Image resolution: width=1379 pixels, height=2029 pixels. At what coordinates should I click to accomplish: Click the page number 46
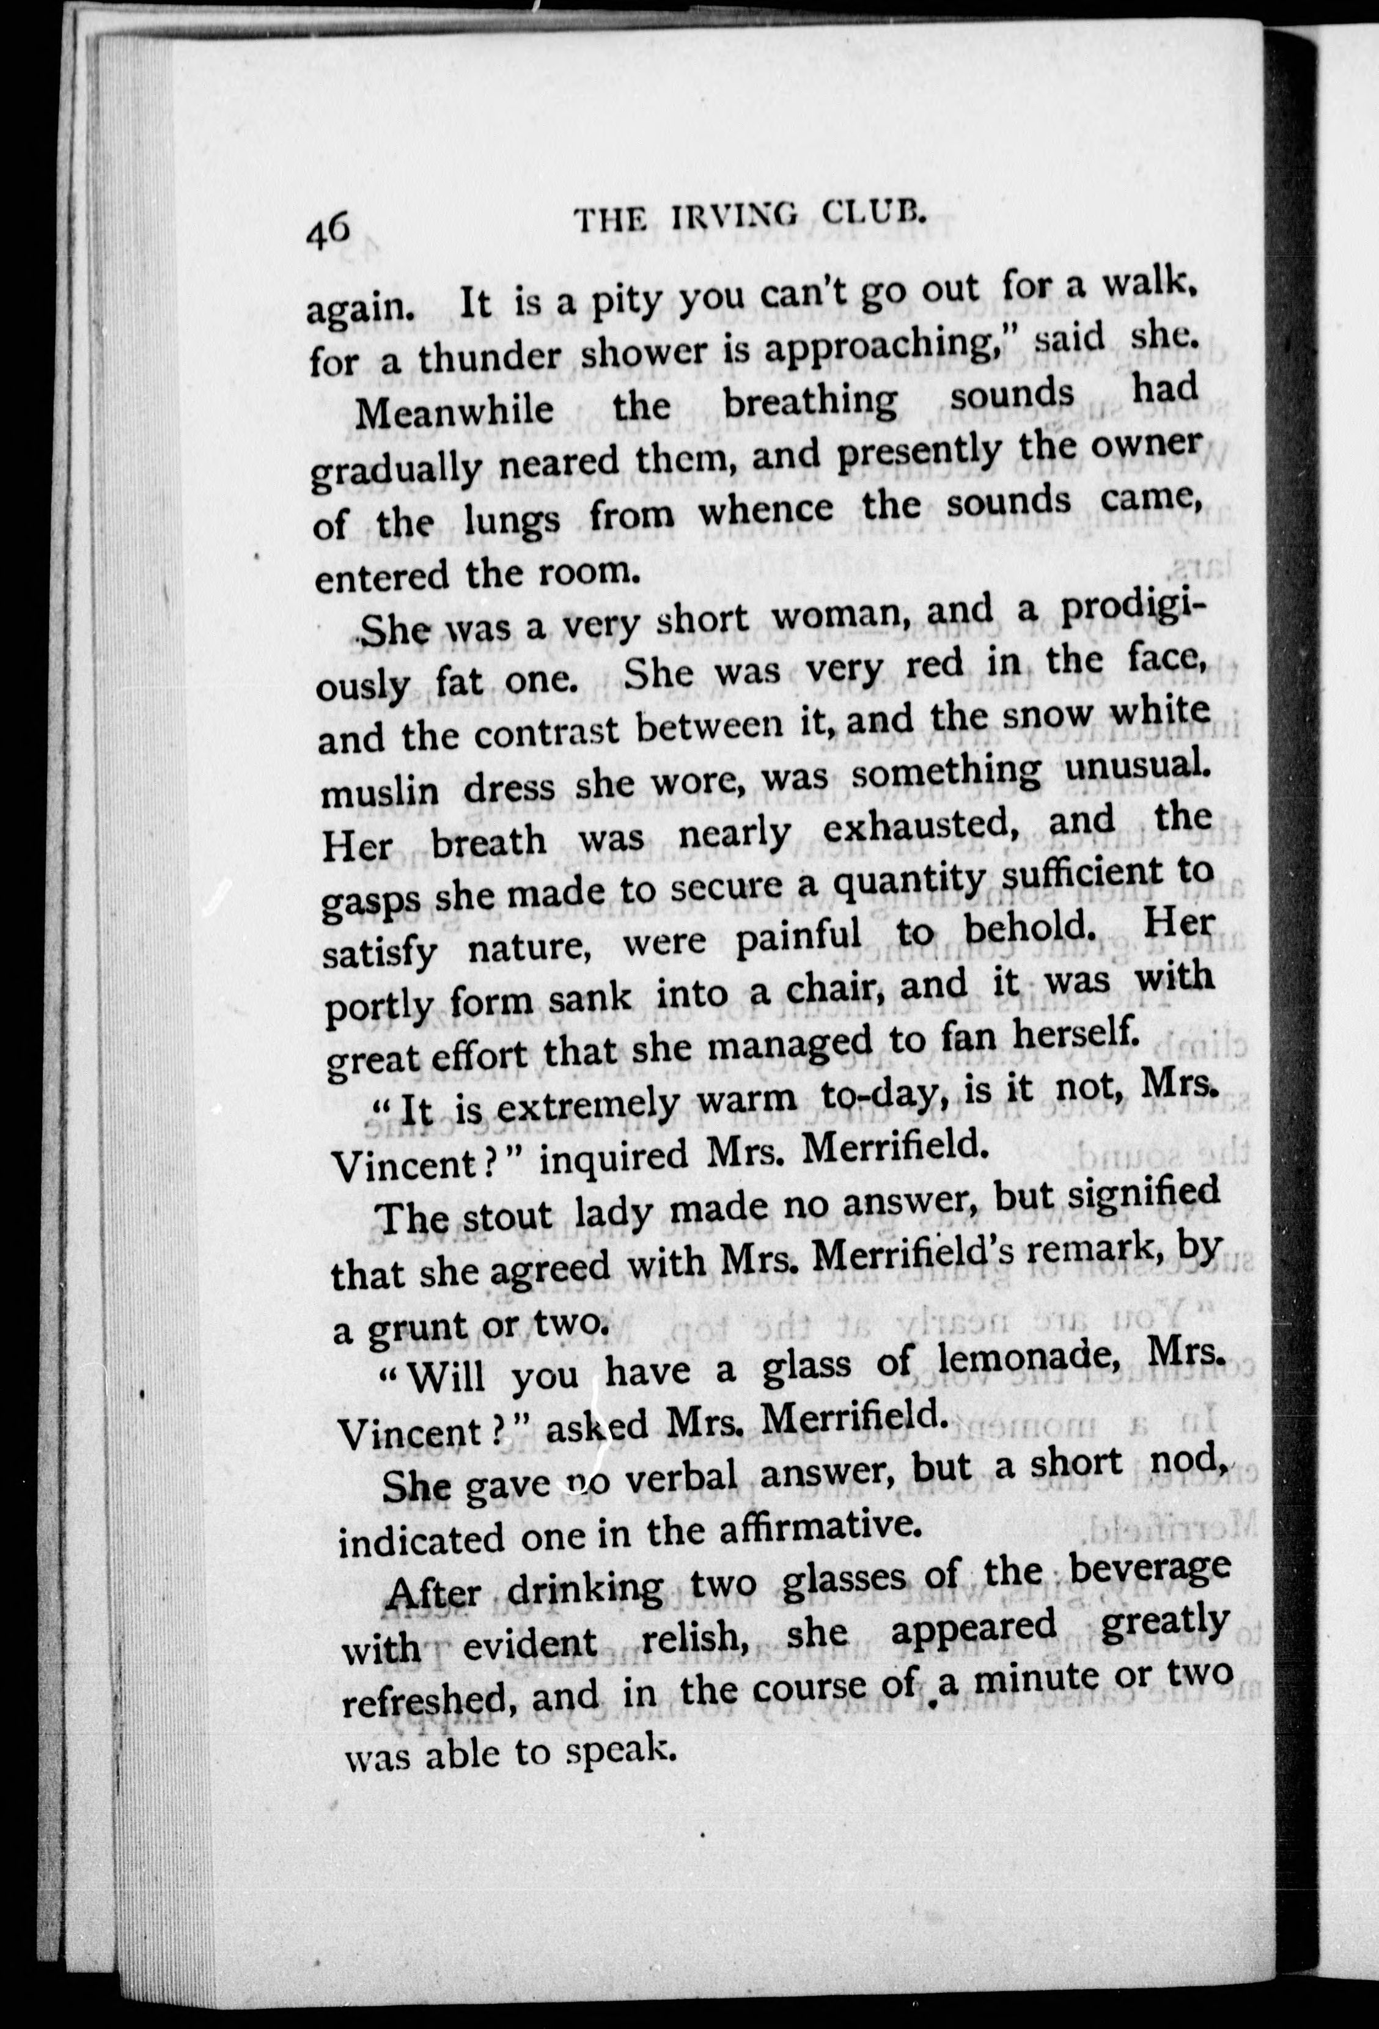coord(328,234)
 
